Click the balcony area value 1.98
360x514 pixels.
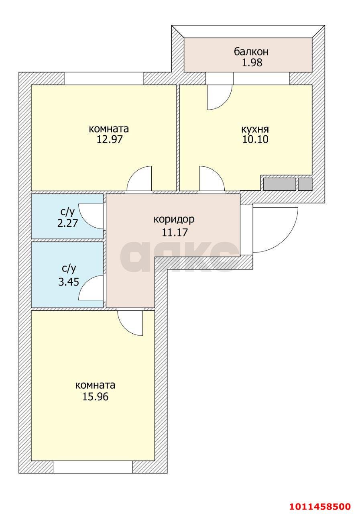coord(251,63)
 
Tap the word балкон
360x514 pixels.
coord(251,52)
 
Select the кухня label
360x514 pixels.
coord(255,129)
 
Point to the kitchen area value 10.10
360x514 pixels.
coord(255,140)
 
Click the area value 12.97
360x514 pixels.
coord(108,140)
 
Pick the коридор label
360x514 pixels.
coord(174,220)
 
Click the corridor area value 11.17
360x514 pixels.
coord(174,232)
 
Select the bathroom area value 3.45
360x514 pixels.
coord(67,282)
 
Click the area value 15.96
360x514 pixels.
coord(95,397)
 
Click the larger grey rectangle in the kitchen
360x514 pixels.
coord(279,184)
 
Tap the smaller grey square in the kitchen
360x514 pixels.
coord(305,184)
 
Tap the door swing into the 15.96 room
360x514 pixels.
coord(131,322)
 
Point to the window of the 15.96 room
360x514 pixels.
coord(93,467)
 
